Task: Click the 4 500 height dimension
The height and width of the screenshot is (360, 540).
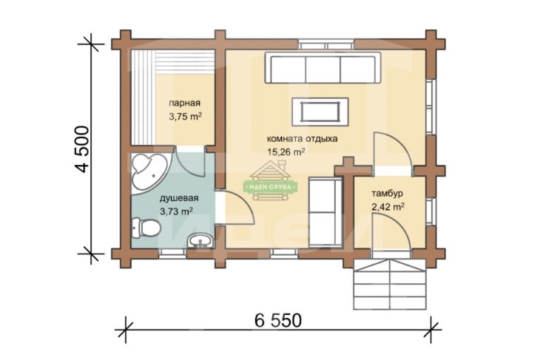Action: coord(83,149)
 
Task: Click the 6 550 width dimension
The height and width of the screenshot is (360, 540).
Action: coord(278,321)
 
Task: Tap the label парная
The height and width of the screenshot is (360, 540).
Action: coord(185,103)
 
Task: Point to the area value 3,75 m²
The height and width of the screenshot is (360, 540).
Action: coord(185,116)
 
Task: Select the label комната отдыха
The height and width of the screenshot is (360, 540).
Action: coord(302,139)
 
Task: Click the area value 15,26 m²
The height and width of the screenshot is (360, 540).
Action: coord(286,152)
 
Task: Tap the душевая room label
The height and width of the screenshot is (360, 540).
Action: coord(179,198)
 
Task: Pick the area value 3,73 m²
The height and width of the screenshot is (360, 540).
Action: coord(176,211)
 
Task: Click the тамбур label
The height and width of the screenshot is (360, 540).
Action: coord(387,194)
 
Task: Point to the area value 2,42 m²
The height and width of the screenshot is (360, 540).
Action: coord(388,207)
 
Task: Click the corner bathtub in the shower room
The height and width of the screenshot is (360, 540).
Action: coord(148,174)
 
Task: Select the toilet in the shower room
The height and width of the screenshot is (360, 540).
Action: coord(145,228)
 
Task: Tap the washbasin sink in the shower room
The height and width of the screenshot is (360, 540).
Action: coord(200,240)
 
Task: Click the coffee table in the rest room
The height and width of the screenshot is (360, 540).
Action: coord(320,112)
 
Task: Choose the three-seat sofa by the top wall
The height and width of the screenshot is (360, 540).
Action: coord(323,68)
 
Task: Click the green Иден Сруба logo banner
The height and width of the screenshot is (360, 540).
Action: coord(270,187)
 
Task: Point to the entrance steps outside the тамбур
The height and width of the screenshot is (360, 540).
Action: coord(390,285)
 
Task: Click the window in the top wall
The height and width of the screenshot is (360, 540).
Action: coord(326,45)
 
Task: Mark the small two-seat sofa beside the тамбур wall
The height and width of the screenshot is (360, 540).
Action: coord(325,212)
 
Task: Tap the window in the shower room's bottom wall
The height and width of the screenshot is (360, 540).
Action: coord(172,254)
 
